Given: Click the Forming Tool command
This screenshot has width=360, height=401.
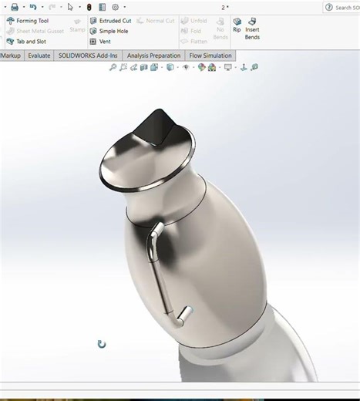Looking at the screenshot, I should pos(32,21).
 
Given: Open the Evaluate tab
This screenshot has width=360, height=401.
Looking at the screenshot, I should pos(39,56).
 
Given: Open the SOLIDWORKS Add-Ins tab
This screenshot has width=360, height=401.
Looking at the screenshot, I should pos(87,56).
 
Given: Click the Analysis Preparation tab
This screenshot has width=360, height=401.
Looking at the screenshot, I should pos(153,56).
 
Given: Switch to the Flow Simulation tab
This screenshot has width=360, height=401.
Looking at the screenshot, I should pos(210,56).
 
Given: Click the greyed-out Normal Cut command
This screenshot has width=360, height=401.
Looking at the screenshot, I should pos(160,21).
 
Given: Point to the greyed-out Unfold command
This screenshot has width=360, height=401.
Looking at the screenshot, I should pos(198,21).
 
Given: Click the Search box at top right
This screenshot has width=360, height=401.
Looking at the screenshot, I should pos(343,7).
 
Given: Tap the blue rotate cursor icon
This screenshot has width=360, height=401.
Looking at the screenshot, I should pos(101,344).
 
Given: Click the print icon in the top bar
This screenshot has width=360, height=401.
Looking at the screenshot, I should pos(14,7).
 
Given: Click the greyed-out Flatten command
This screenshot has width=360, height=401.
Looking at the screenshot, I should pos(198,42).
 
